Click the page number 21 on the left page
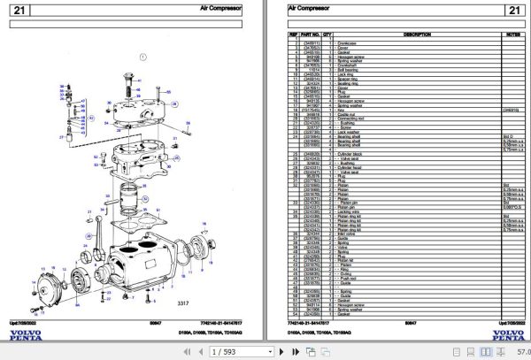click(19, 10)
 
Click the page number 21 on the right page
click(511, 10)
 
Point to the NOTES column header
click(511, 34)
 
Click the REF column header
click(294, 34)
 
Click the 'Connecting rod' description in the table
click(364, 116)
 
